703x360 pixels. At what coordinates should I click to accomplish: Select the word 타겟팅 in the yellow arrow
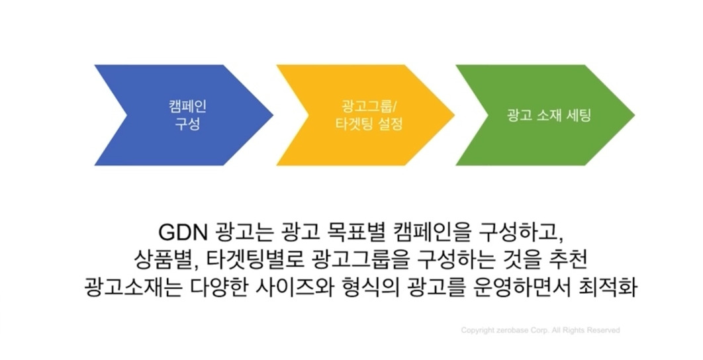tap(347, 124)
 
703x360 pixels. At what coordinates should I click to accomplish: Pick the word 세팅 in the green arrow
tap(578, 114)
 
